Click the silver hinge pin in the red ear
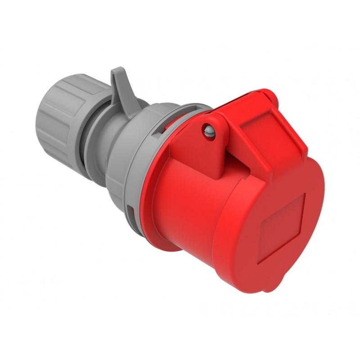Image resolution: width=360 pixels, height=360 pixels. tap(208, 131)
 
